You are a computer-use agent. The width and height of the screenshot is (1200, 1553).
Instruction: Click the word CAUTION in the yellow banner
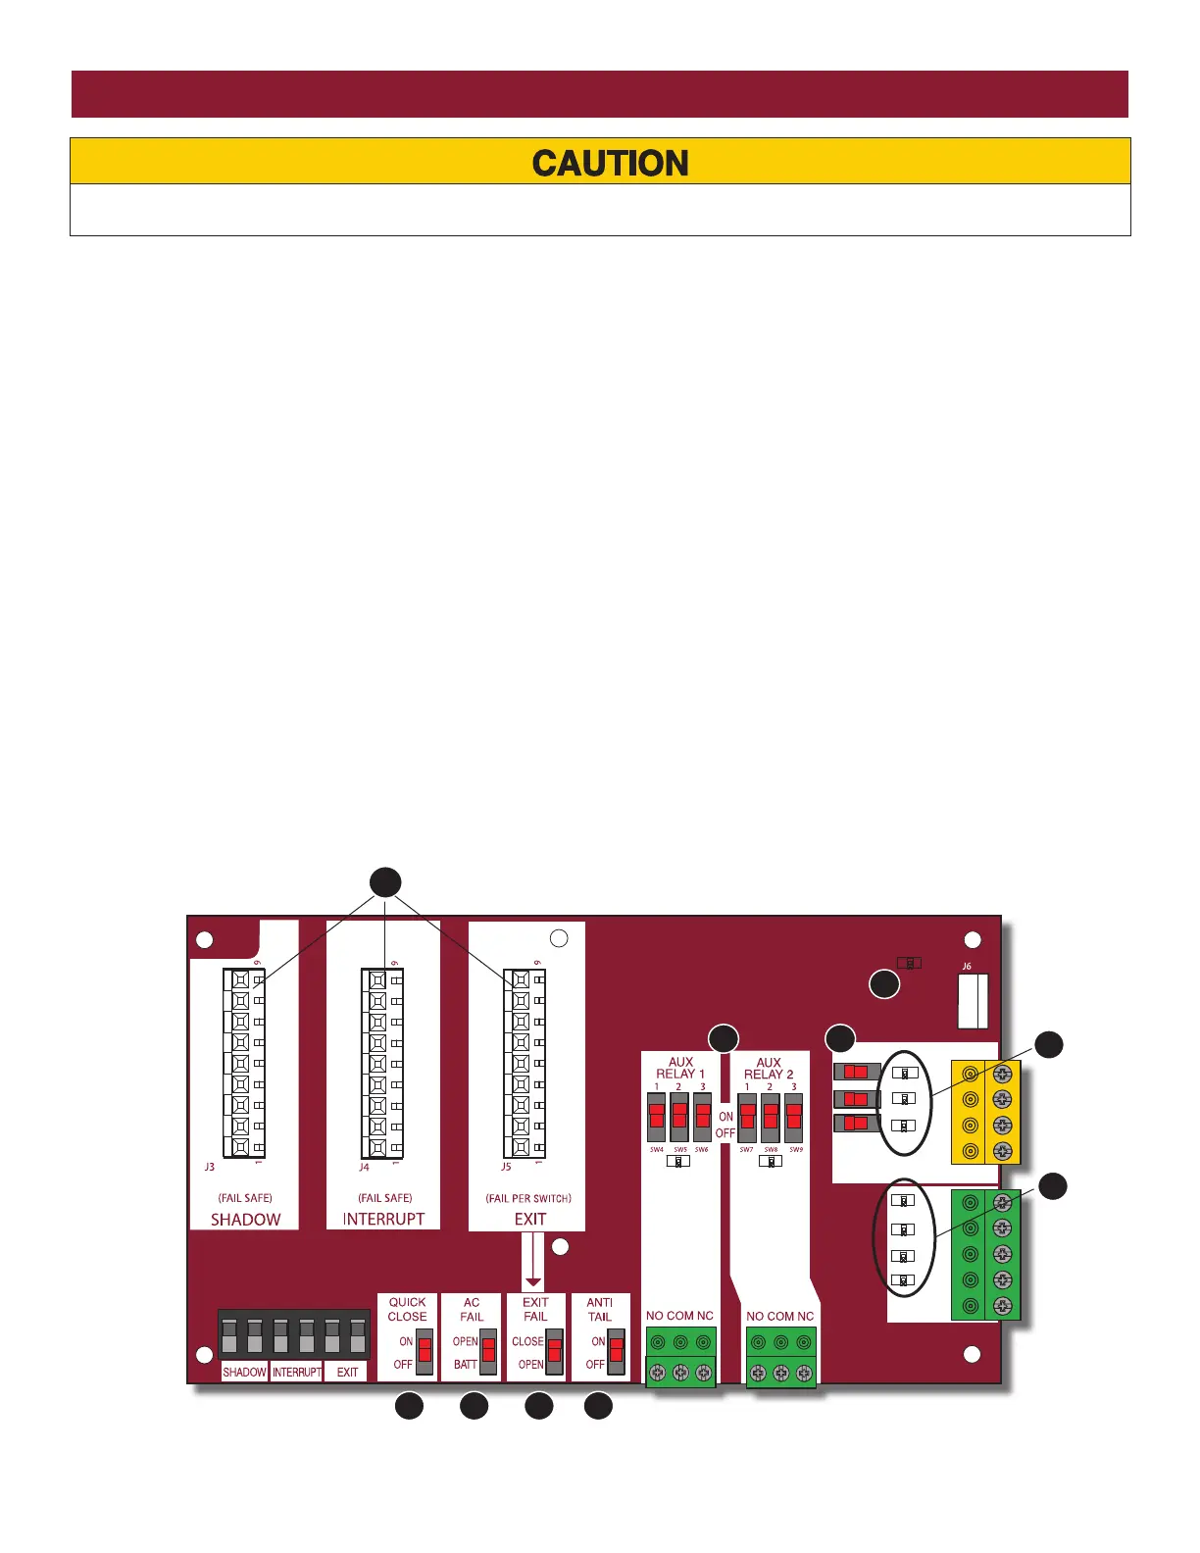[x=610, y=163]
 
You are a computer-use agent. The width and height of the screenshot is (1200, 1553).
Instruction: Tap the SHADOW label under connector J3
[x=245, y=1219]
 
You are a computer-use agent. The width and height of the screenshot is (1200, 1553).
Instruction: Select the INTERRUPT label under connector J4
[x=383, y=1219]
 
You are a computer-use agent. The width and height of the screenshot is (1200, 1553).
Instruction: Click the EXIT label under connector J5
[x=530, y=1219]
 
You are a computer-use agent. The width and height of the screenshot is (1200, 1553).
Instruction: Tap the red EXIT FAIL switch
[x=554, y=1352]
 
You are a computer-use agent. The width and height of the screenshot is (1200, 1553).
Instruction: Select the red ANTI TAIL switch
[x=616, y=1352]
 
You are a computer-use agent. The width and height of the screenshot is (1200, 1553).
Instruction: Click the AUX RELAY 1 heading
[x=680, y=1068]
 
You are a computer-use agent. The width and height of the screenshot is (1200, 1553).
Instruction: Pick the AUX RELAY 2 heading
[x=769, y=1068]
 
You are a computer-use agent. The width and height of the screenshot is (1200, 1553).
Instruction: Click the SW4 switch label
[x=657, y=1149]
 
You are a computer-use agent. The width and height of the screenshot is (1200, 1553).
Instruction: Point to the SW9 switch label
[x=796, y=1149]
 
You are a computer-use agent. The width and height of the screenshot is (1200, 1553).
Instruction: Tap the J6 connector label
[x=966, y=967]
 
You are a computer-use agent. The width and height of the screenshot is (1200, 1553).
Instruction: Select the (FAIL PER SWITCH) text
[x=528, y=1198]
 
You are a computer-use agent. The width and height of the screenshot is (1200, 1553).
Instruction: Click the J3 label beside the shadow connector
[x=210, y=1167]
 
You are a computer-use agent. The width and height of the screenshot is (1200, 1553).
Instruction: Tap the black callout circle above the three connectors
[x=385, y=881]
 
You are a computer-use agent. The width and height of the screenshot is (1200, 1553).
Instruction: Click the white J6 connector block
[x=973, y=1001]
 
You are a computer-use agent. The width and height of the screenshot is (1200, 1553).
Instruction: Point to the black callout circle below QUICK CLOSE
[x=409, y=1406]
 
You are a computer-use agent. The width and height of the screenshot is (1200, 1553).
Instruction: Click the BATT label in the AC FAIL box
[x=466, y=1365]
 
